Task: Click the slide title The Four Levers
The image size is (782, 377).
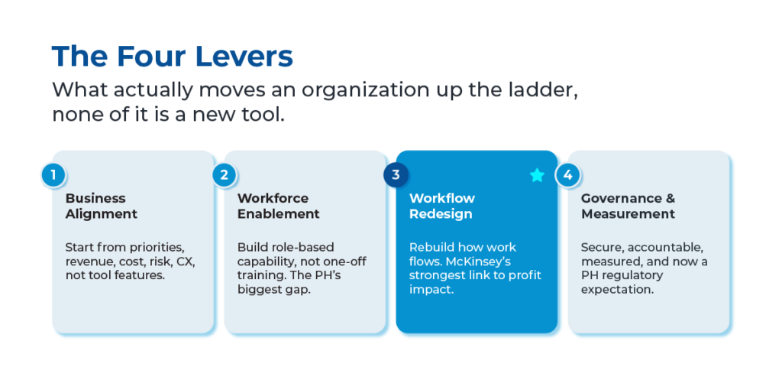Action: (173, 56)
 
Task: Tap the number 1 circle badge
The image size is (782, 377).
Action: (53, 175)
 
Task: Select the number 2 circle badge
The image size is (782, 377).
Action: (225, 175)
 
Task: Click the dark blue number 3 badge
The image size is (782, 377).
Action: (396, 175)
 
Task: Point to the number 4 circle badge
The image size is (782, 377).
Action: (567, 175)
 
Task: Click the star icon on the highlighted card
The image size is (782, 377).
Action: (537, 175)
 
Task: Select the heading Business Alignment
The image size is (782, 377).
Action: (102, 206)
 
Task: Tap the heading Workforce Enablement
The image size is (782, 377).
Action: (278, 206)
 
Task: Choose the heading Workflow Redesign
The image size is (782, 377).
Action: (442, 206)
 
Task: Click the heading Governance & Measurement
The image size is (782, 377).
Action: (628, 206)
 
